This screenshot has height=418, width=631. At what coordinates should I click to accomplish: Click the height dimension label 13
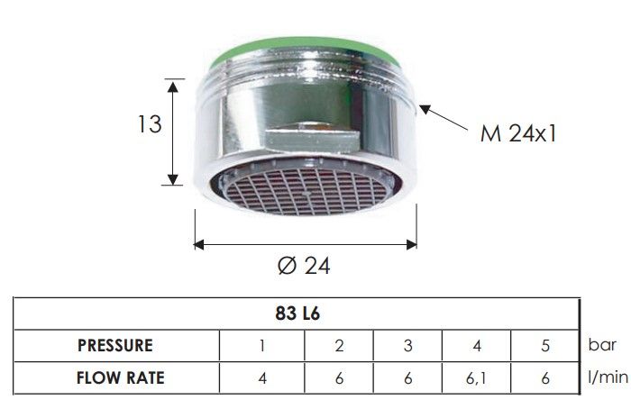coord(150,124)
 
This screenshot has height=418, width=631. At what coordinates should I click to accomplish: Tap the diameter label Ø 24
coord(305,266)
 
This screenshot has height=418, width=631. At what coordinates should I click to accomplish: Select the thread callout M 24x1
coord(518,133)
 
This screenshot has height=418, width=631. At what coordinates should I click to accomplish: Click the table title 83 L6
coord(297,313)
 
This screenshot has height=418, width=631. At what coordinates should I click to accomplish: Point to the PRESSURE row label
coord(115,346)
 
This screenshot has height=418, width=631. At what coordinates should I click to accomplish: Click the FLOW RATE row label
coord(120,377)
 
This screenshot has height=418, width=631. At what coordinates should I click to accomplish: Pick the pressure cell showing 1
coord(262,346)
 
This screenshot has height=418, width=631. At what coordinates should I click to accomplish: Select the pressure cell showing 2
coord(339,346)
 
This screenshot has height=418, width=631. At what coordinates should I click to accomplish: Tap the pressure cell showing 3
coord(408,346)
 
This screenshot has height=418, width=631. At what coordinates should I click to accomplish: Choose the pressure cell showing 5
coord(545,346)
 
